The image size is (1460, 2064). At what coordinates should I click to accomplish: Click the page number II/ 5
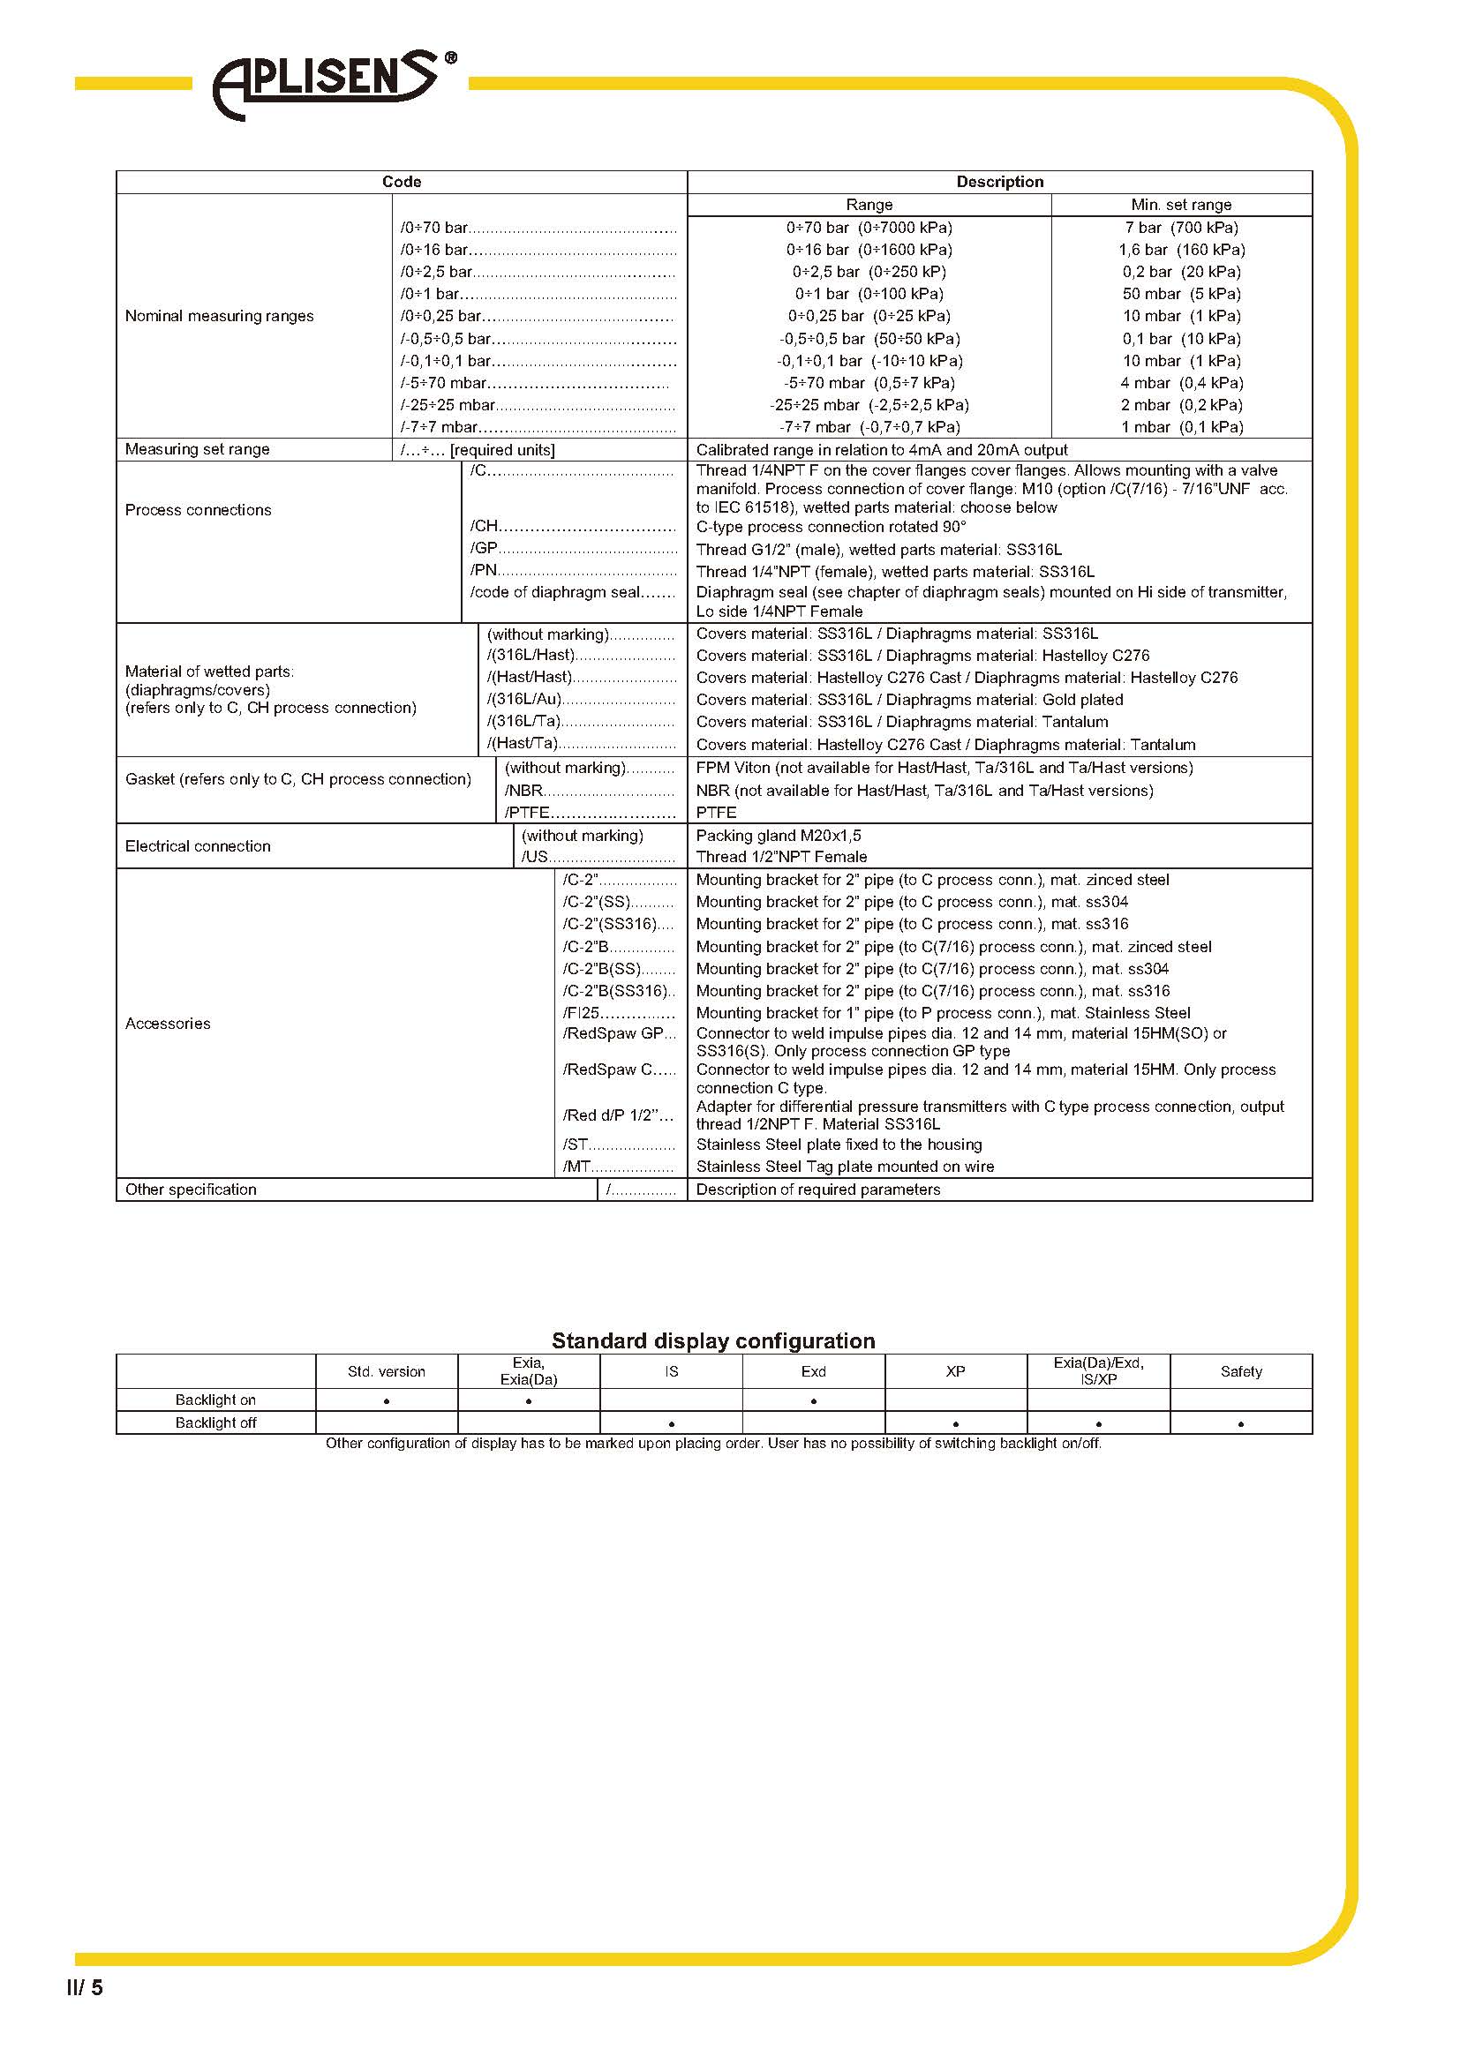pos(85,2013)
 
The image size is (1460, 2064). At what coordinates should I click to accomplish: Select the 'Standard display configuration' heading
pos(713,1341)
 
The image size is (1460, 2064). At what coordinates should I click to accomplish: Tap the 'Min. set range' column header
pos(1180,205)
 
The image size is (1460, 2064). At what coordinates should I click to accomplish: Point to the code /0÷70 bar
pos(434,229)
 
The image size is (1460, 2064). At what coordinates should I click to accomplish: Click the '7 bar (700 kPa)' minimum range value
pos(1180,229)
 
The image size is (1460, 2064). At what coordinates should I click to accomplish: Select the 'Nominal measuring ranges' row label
pos(220,317)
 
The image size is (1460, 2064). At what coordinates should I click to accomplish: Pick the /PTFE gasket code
pos(527,813)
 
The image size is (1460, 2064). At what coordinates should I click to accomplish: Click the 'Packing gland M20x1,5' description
pos(778,835)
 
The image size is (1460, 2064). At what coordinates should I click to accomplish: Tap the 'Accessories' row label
pos(168,1023)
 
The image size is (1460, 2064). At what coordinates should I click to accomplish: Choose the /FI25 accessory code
pos(581,1013)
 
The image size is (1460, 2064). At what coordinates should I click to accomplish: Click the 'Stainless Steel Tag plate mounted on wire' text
pos(844,1167)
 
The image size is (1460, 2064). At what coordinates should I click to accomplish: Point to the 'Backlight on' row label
pos(215,1400)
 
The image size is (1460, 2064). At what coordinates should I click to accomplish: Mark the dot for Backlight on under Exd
pos(814,1401)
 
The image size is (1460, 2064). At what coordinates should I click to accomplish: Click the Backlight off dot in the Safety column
pos(1240,1424)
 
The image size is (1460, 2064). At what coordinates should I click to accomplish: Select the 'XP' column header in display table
pos(955,1372)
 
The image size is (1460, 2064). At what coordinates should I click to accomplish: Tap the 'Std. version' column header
pos(387,1372)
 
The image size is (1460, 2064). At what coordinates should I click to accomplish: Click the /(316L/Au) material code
pos(524,700)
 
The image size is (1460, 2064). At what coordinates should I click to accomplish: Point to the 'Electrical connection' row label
pos(198,846)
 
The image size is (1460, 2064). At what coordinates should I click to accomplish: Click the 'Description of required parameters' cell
pos(818,1190)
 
